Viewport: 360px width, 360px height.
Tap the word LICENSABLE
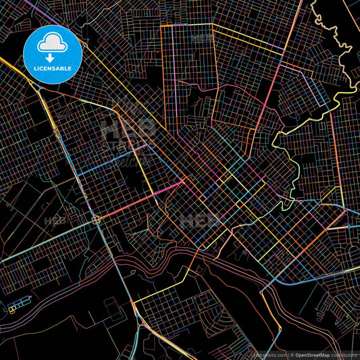click(53, 68)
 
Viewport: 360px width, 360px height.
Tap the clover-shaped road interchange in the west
click(95, 220)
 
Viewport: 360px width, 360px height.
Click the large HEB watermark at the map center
click(199, 220)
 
